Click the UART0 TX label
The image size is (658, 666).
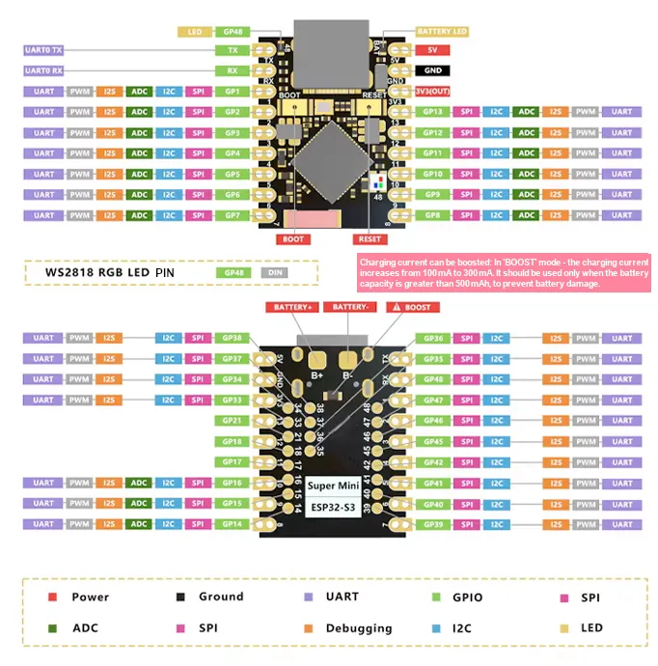pos(43,49)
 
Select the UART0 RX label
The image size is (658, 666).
pos(43,70)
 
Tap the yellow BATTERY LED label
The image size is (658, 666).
pos(442,32)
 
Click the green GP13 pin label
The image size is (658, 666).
pos(432,112)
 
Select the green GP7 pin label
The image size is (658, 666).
pos(232,215)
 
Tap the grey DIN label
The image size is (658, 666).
pos(275,273)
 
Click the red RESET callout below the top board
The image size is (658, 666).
pos(370,238)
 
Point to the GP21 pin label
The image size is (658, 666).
pos(232,421)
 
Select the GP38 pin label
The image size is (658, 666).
pos(232,339)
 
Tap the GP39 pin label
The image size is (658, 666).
pos(432,524)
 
